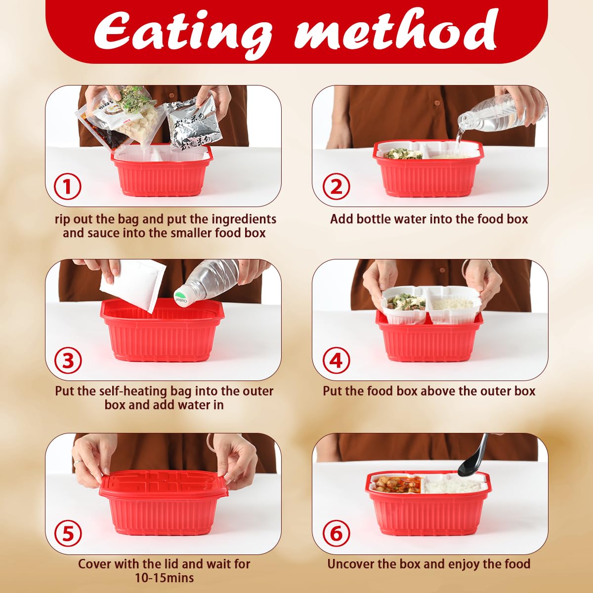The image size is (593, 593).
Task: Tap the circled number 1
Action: click(68, 186)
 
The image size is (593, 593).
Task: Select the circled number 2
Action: click(336, 186)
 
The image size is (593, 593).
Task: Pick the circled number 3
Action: click(68, 360)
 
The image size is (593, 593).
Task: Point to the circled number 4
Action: click(336, 360)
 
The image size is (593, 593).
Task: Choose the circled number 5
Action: click(68, 534)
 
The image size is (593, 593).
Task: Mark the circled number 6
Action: click(336, 534)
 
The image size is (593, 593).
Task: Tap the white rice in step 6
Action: click(451, 486)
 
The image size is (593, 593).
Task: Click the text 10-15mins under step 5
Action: click(165, 578)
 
